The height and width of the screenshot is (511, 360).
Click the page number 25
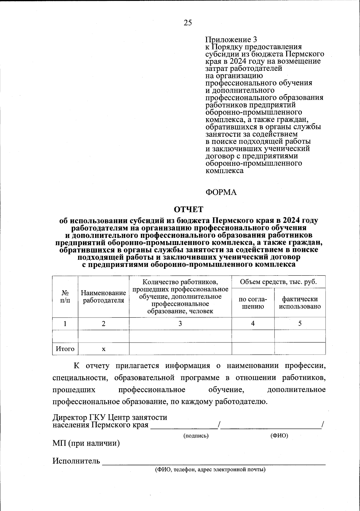(x=188, y=23)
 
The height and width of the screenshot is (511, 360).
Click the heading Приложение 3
(x=231, y=40)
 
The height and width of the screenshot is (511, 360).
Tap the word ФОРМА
(x=221, y=192)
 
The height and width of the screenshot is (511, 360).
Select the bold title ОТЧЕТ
(x=189, y=209)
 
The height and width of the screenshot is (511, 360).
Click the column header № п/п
(x=65, y=297)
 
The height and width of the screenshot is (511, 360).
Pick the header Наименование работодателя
(x=103, y=297)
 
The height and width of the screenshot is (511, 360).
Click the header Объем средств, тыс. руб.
(x=278, y=282)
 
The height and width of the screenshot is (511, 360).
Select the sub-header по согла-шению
(x=253, y=303)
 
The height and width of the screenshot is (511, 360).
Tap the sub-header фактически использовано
(x=300, y=303)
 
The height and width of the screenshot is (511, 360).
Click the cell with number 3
(x=180, y=324)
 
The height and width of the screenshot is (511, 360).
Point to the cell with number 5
(x=300, y=324)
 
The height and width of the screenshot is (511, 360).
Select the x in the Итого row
(x=103, y=349)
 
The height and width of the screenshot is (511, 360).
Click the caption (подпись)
(x=196, y=436)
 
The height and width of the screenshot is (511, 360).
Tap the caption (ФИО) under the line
(x=279, y=436)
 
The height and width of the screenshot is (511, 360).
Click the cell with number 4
(x=253, y=324)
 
